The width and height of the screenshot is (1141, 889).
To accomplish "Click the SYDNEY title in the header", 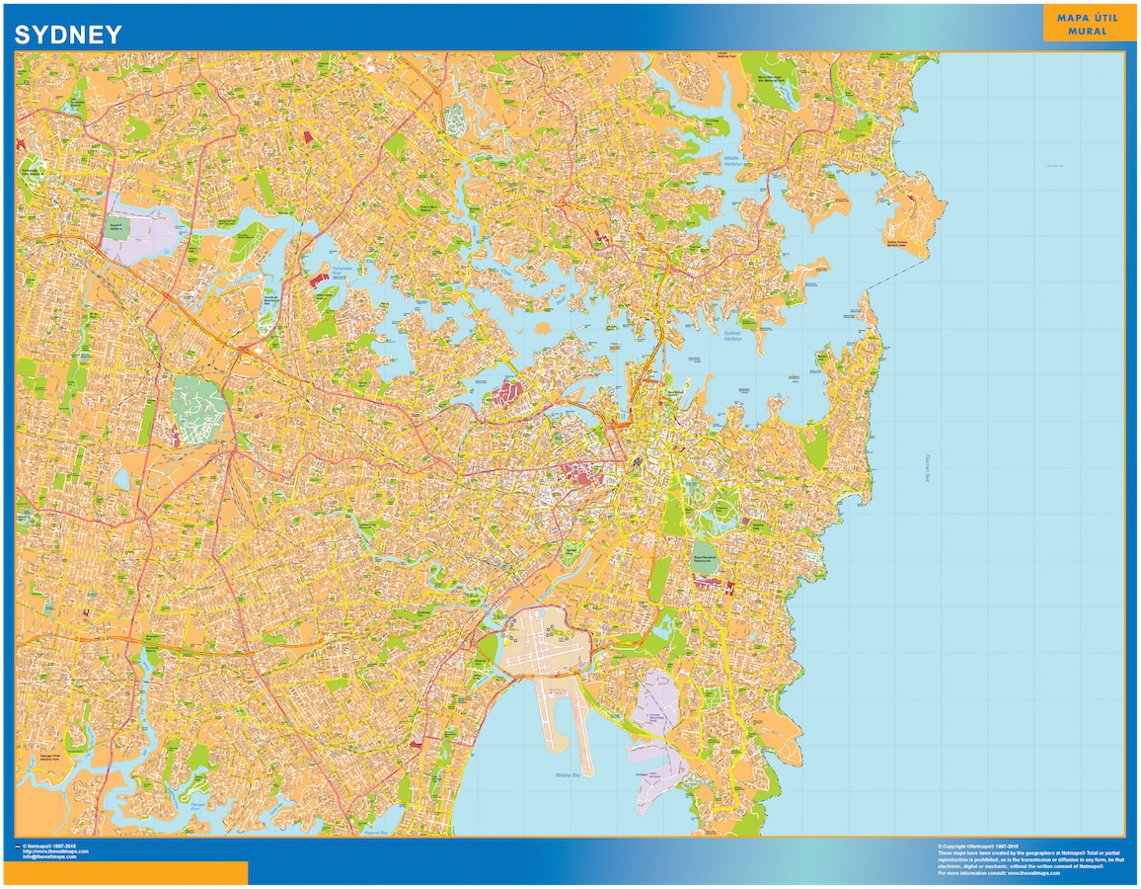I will tap(68, 35).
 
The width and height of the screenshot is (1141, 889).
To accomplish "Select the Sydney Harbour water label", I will tap(731, 335).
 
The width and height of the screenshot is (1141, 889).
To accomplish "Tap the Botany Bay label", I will tap(570, 775).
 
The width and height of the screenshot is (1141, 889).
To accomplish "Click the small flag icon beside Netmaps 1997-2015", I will tap(17, 847).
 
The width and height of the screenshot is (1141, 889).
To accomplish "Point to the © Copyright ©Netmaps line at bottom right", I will tap(977, 847).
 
